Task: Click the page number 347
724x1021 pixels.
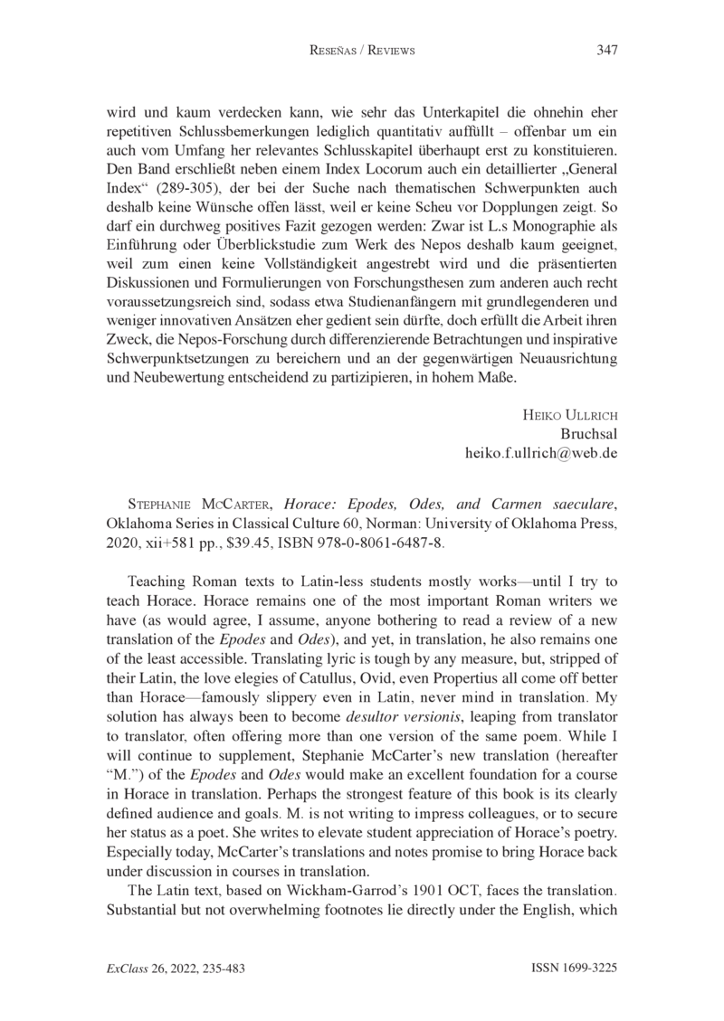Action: click(x=606, y=51)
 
